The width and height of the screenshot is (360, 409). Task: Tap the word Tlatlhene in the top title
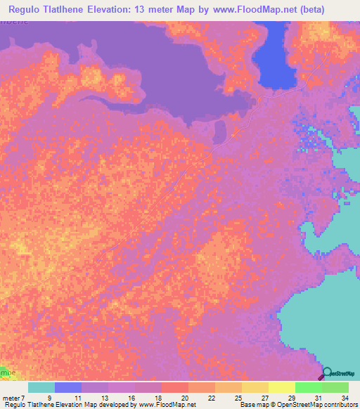pyautogui.click(x=79, y=10)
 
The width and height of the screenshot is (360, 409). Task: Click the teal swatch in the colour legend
pyautogui.click(x=41, y=387)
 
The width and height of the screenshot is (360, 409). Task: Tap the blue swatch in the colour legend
pyautogui.click(x=68, y=387)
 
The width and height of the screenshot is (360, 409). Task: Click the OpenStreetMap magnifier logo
pyautogui.click(x=328, y=374)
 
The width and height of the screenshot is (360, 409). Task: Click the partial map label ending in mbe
pyautogui.click(x=6, y=370)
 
